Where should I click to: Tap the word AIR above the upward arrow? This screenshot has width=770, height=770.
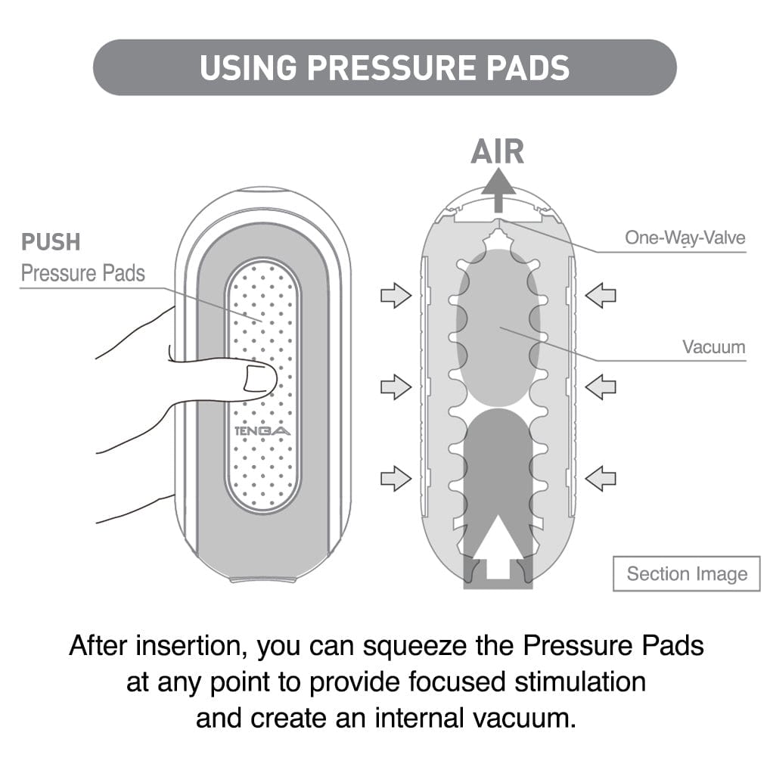497,152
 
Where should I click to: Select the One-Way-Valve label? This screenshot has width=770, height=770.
685,238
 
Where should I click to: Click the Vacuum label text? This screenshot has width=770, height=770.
713,347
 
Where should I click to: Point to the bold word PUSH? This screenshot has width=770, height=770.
51,243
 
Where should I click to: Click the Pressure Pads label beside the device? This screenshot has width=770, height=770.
82,273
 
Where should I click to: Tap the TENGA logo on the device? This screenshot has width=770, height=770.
262,431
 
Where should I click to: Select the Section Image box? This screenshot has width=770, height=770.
686,574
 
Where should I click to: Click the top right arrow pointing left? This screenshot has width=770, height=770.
601,295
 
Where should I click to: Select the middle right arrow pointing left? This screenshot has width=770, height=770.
601,387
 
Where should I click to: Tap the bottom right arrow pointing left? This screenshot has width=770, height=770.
601,478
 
